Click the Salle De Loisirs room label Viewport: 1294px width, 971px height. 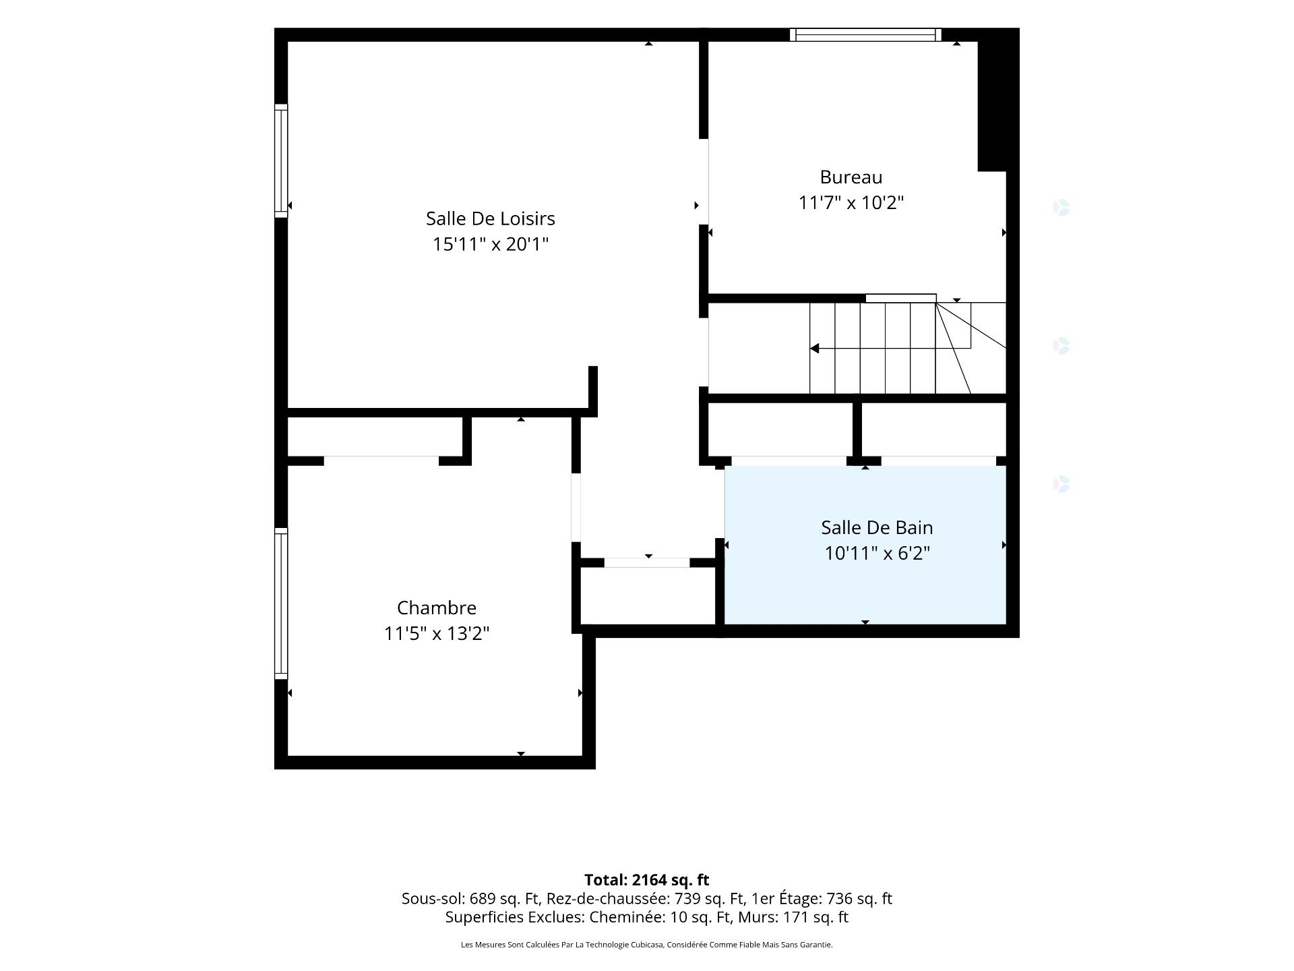tap(490, 218)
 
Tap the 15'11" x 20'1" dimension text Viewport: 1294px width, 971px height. tap(490, 243)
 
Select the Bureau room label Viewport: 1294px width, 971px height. tap(851, 177)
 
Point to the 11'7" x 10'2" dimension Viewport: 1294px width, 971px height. tap(851, 202)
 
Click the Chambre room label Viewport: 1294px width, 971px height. tap(436, 608)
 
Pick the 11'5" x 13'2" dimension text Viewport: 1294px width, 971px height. tap(436, 633)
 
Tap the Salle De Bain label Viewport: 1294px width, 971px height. tap(877, 527)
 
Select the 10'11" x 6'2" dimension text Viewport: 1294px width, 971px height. tap(877, 553)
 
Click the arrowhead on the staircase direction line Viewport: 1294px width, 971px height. tap(814, 349)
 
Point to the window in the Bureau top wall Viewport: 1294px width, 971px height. tap(865, 35)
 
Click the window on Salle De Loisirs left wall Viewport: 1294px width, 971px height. tap(281, 160)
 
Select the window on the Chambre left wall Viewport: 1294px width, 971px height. tap(281, 603)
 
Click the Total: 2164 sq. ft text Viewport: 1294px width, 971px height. tap(646, 880)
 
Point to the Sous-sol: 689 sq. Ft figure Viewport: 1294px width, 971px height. tap(470, 899)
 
